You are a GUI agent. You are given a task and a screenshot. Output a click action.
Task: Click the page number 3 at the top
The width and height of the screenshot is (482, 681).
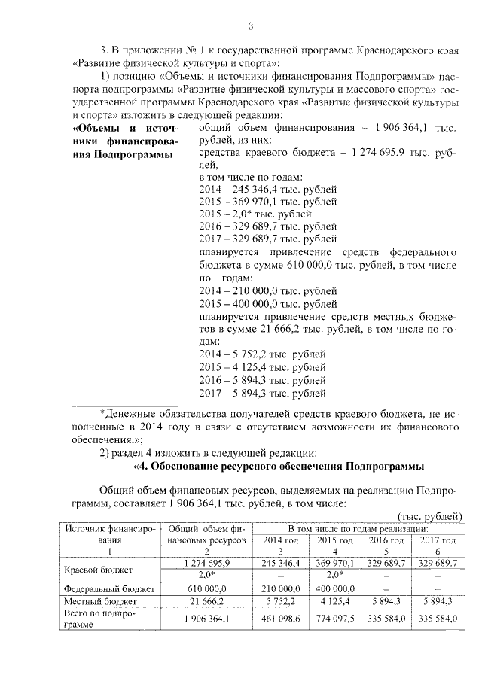pos(249,28)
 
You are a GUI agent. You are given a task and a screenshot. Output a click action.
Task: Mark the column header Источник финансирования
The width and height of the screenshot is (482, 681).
pos(108,534)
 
